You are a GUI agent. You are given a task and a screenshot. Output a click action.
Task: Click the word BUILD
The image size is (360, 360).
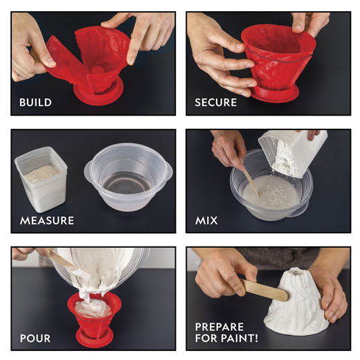(x=35, y=102)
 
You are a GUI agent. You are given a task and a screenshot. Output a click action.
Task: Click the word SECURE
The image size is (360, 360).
(x=216, y=102)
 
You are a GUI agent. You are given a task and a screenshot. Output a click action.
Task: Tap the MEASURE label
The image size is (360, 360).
(x=47, y=221)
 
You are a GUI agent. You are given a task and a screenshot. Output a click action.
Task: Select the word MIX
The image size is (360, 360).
(x=206, y=221)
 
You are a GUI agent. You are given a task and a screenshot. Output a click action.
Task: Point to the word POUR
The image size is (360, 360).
(x=35, y=339)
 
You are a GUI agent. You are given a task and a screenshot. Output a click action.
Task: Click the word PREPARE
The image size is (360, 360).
(x=219, y=327)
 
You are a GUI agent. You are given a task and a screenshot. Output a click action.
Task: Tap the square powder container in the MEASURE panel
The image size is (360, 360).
(x=41, y=179)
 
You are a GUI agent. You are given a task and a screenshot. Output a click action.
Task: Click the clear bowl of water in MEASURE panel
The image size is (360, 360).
(x=129, y=176)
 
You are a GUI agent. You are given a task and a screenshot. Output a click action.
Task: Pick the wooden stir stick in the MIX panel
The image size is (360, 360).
(x=251, y=181)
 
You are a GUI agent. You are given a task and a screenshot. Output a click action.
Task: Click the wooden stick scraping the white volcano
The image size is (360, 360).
(x=264, y=289)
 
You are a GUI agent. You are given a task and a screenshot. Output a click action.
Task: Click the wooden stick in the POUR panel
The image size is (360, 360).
(x=61, y=258)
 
